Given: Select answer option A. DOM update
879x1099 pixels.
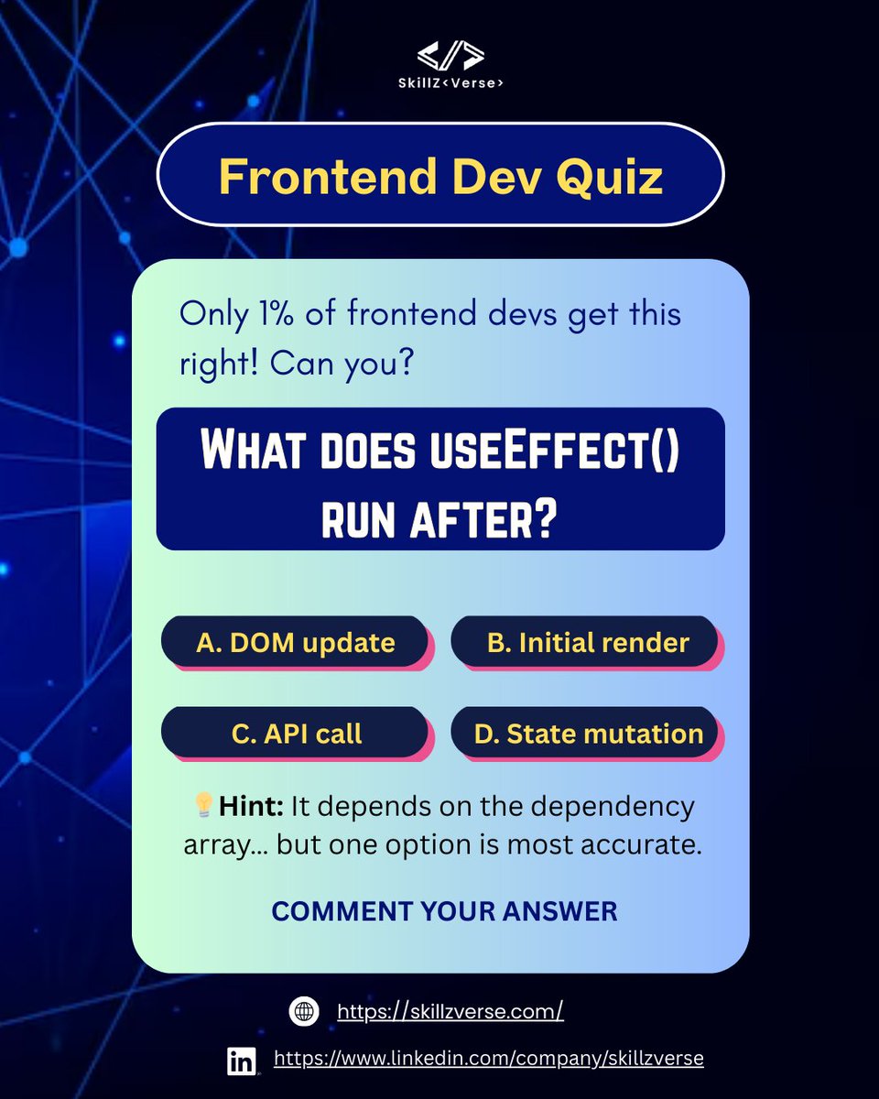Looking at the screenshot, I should point(295,642).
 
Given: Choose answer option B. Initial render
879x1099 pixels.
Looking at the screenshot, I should point(587,642).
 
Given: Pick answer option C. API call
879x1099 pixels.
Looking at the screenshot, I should point(295,733).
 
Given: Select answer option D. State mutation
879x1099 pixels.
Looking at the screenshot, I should point(587,733).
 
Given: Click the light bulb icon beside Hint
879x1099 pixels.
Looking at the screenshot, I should point(203,806).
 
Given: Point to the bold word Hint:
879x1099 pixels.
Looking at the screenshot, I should point(252,807).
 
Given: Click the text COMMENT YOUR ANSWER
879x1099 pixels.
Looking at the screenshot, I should point(444,911).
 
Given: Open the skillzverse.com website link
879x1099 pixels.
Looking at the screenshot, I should point(450,1011).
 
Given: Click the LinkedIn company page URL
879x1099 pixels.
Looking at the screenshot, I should point(488,1058).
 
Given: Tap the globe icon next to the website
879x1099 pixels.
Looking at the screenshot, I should point(303,1011).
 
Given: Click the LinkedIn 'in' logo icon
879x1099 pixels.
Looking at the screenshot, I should point(242,1061).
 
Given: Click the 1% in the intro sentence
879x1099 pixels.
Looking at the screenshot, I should point(266,314).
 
